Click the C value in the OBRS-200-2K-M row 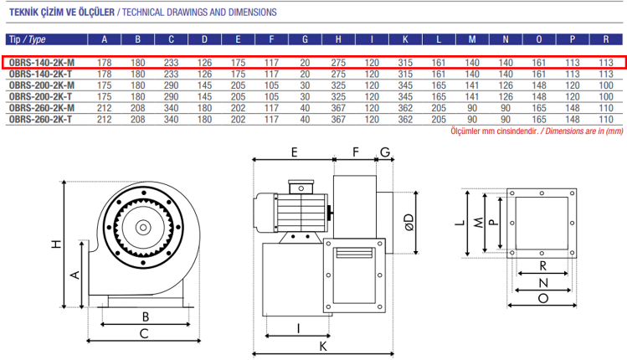[x=172, y=85]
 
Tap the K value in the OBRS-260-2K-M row [x=405, y=108]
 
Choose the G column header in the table [x=305, y=39]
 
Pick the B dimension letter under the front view [x=145, y=316]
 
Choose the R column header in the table [x=605, y=39]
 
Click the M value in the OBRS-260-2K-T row [x=472, y=120]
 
